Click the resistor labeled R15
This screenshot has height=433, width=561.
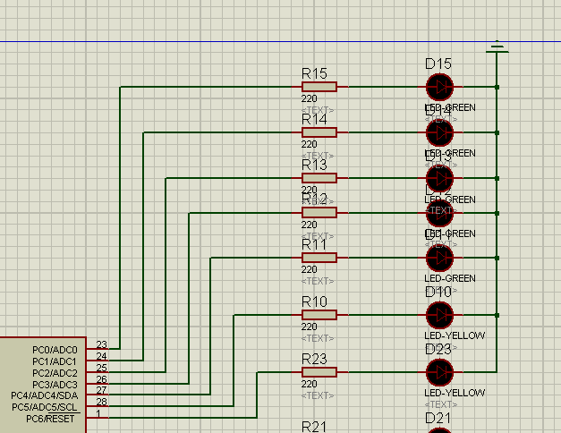(x=319, y=87)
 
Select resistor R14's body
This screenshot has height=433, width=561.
(x=319, y=132)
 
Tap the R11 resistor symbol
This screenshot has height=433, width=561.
(x=319, y=258)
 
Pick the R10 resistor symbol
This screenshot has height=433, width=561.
(x=319, y=315)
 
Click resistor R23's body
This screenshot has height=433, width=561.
(x=319, y=372)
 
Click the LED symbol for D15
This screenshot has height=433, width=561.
(x=439, y=87)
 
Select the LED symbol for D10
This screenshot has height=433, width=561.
(x=439, y=315)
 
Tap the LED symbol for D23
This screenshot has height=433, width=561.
(x=439, y=372)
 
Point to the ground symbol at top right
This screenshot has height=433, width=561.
(x=497, y=47)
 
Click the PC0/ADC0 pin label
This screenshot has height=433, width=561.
(x=55, y=350)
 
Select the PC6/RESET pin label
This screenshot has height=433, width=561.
(x=52, y=419)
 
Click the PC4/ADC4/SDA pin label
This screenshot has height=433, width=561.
(x=45, y=395)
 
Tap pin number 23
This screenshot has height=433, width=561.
(x=101, y=344)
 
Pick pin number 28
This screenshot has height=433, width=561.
(x=101, y=403)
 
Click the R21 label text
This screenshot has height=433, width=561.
(x=315, y=427)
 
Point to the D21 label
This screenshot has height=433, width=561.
(x=438, y=419)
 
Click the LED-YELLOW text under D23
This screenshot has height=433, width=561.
(x=455, y=393)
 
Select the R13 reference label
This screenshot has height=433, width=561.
(x=315, y=165)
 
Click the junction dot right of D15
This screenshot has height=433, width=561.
(x=497, y=87)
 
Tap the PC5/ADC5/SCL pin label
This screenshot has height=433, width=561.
(x=45, y=407)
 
